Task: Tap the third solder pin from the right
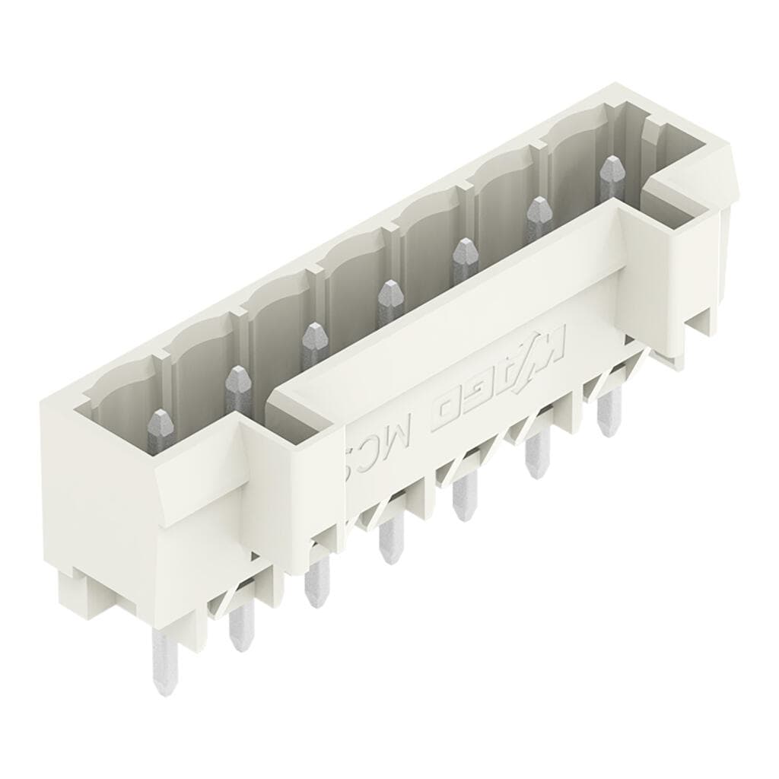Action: tap(461, 498)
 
